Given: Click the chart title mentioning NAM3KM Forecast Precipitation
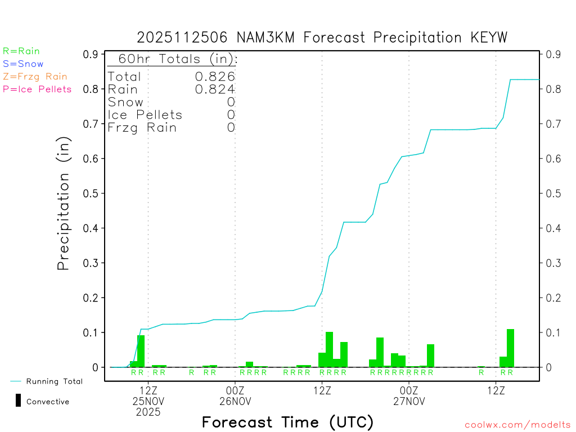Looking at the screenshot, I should [x=322, y=38].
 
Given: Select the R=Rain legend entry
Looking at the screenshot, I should [x=21, y=51].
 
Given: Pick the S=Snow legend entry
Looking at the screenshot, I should [x=23, y=64].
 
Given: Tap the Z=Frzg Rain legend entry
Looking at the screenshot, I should [x=35, y=76].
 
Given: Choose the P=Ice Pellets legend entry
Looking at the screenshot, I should [x=37, y=89].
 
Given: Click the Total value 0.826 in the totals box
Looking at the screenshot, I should [x=215, y=76].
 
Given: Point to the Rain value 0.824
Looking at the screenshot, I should [x=215, y=89].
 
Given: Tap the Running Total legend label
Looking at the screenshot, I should [x=54, y=381].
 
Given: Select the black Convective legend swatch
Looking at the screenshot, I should [x=18, y=400].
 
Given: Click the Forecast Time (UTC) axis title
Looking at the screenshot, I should [x=287, y=422].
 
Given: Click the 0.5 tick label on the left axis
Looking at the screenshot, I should [x=91, y=193].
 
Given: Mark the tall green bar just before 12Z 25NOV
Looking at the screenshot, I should [x=141, y=351].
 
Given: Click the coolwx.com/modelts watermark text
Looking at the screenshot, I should [x=517, y=425].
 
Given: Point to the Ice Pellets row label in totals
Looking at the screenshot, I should [x=145, y=115].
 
